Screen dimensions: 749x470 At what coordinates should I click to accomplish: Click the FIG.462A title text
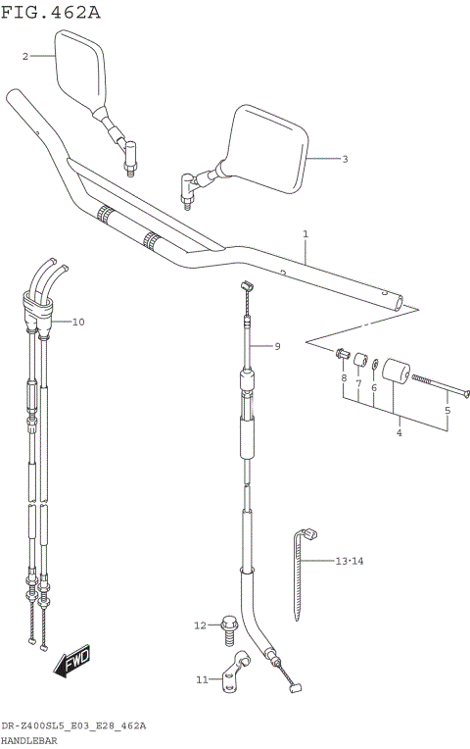(51, 13)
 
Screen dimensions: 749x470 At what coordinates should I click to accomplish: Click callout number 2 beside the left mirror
(25, 57)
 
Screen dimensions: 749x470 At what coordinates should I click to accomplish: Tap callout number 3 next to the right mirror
(344, 158)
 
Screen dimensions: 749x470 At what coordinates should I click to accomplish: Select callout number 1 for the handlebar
(305, 234)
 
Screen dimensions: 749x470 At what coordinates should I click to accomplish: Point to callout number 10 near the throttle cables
(79, 322)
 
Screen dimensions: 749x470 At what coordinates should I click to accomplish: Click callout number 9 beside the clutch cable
(277, 346)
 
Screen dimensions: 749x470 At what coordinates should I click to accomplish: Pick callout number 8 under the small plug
(344, 378)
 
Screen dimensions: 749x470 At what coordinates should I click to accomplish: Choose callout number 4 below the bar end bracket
(399, 432)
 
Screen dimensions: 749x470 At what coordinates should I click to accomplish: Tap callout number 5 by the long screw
(447, 411)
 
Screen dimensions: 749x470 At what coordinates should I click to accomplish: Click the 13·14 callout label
(349, 561)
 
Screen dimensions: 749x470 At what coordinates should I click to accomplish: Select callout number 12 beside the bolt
(199, 624)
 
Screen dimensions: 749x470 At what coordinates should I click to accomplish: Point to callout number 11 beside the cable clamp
(201, 678)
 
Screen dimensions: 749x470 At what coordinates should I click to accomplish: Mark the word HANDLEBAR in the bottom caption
(29, 740)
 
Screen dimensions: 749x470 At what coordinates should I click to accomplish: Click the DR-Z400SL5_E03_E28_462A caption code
(73, 725)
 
